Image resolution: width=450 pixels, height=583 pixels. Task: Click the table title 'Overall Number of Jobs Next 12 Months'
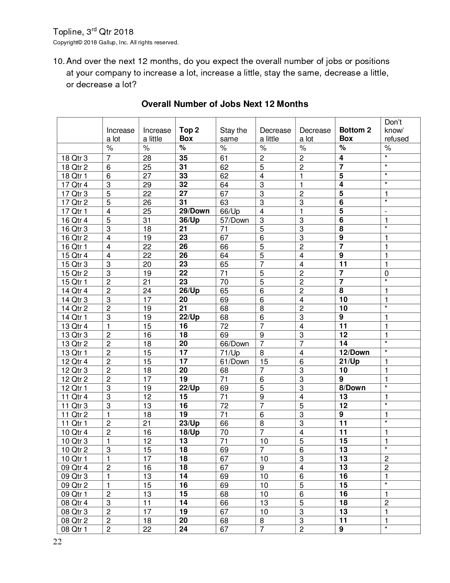click(x=225, y=104)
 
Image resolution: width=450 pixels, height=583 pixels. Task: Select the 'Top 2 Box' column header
click(x=189, y=134)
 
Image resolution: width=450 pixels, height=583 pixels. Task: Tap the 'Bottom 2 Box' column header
click(x=355, y=134)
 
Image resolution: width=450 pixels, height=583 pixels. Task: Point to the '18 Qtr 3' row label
click(x=74, y=158)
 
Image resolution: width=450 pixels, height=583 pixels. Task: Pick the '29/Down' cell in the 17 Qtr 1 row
click(x=194, y=211)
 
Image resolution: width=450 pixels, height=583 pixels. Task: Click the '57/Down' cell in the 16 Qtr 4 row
click(x=234, y=220)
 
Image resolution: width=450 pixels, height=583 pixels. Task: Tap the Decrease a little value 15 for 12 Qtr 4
click(x=264, y=362)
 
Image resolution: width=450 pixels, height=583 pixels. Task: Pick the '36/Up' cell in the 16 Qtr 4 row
click(x=189, y=220)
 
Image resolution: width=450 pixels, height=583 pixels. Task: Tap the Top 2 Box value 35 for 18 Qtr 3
click(x=183, y=158)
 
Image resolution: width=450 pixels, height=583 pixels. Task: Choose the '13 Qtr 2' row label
click(x=74, y=344)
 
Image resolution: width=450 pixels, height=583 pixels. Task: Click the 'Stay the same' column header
click(x=233, y=134)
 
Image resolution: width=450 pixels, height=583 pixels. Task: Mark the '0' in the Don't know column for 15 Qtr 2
click(x=386, y=273)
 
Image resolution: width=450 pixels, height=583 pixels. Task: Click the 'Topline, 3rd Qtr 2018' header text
click(x=93, y=32)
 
